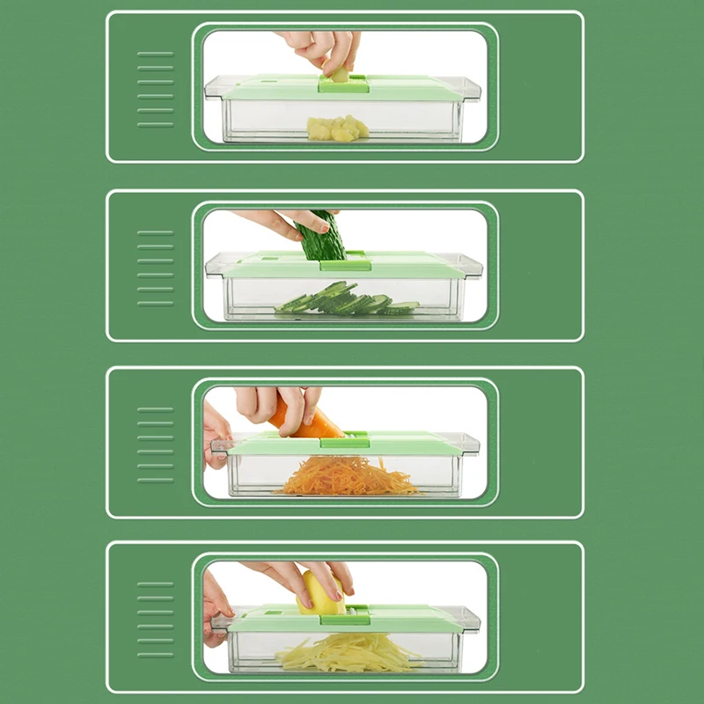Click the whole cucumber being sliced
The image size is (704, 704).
click(322, 235)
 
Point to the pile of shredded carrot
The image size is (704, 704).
click(348, 477)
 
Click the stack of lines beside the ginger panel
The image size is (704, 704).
click(155, 89)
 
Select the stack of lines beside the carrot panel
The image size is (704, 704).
click(155, 444)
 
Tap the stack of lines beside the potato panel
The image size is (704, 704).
click(155, 619)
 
